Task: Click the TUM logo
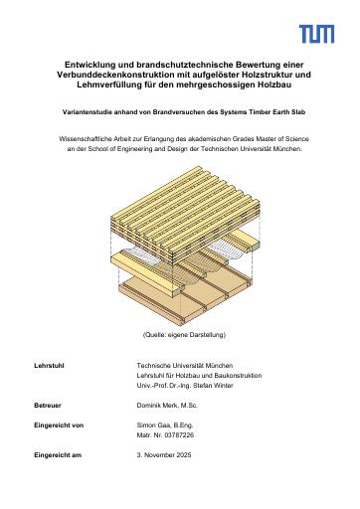point(316,34)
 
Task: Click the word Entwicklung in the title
point(86,65)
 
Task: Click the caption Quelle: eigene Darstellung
point(184,335)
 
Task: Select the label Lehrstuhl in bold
point(49,366)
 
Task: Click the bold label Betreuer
point(48,406)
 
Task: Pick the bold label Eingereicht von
point(59,425)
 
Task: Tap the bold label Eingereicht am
point(58,455)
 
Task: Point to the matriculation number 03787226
point(179,435)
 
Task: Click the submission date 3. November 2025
point(164,455)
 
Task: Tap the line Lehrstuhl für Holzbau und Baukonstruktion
point(199,376)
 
